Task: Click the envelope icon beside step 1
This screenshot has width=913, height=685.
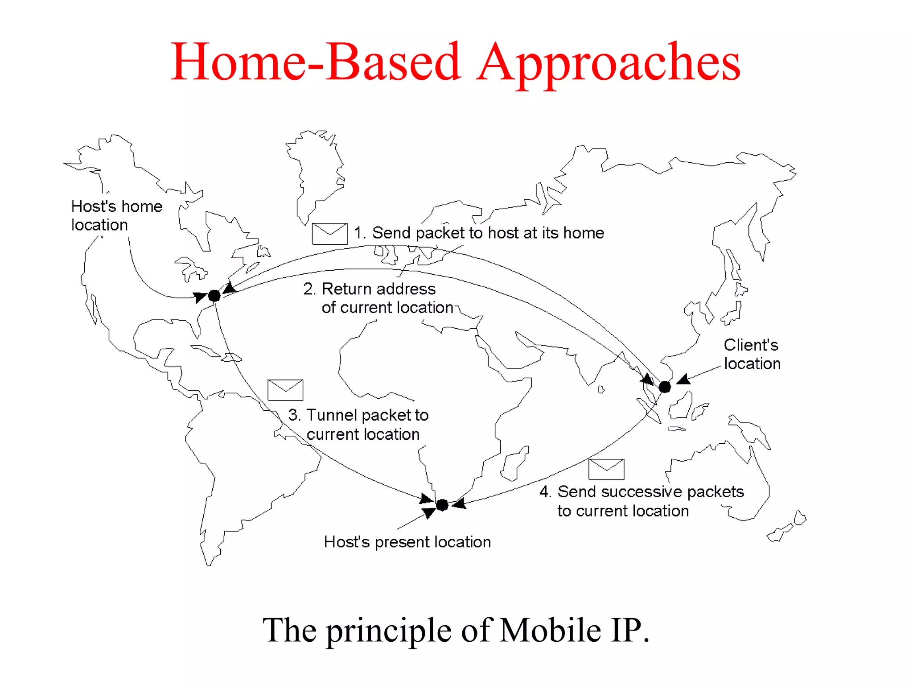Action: click(x=329, y=233)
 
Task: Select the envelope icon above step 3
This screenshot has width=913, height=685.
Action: click(x=285, y=390)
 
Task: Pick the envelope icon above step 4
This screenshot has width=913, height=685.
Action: click(x=606, y=469)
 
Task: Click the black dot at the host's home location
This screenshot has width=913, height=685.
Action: click(x=214, y=296)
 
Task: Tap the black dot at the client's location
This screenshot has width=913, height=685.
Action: click(x=665, y=387)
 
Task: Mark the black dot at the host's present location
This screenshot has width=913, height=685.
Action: click(x=442, y=505)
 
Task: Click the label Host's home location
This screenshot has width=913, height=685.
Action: click(x=117, y=215)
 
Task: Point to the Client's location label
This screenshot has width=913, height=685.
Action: click(x=752, y=354)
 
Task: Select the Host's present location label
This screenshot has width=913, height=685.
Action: click(x=407, y=542)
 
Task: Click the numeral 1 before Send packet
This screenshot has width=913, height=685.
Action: click(x=358, y=233)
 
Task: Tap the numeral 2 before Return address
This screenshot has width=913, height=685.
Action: click(x=308, y=289)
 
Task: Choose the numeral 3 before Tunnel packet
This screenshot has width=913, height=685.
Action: click(x=293, y=415)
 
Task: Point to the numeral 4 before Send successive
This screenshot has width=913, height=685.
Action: click(x=544, y=491)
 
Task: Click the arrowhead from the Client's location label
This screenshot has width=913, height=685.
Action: click(x=683, y=380)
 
